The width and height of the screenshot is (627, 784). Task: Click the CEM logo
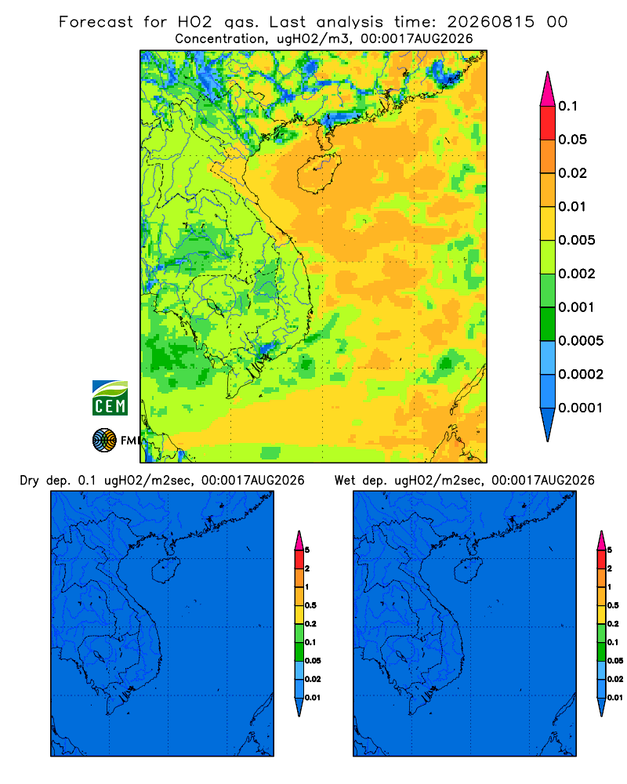coord(110,397)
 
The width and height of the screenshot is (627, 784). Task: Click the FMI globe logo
coord(104,441)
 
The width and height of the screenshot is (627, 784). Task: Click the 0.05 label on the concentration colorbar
coord(572,140)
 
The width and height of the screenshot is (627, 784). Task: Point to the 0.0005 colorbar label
coord(581,341)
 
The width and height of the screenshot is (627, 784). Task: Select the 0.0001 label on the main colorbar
coord(581,408)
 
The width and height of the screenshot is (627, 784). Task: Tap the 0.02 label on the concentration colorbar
coord(572,173)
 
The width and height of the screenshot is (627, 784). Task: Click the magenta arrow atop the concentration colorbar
coord(548,89)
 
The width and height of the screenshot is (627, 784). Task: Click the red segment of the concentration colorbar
coord(548,123)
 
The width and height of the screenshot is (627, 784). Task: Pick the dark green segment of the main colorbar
coord(548,324)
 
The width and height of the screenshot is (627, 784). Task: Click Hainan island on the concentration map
coord(318,173)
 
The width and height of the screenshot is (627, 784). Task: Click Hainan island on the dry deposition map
coord(165,571)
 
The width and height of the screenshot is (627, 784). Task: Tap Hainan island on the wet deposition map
coord(469,571)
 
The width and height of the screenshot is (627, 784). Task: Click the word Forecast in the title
coord(96,22)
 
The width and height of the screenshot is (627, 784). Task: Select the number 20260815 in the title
coord(491,22)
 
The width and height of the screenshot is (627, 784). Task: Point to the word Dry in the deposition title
coord(29,481)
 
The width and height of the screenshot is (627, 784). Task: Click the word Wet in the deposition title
coord(345,481)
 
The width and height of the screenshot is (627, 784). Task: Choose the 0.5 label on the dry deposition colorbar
coord(310,605)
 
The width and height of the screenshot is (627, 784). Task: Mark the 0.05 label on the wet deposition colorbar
coord(615,661)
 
